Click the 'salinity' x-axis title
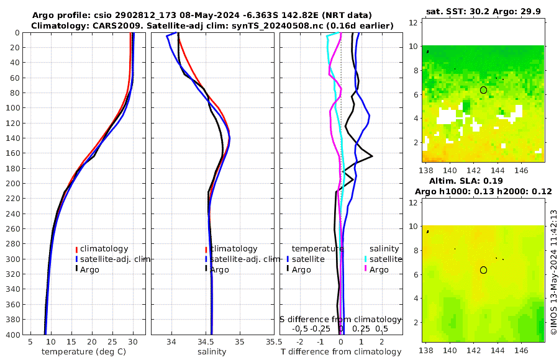click(x=211, y=352)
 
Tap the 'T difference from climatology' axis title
click(x=340, y=352)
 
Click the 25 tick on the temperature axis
click(x=112, y=341)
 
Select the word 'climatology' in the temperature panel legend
click(x=104, y=249)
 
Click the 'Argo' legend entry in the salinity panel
click(x=220, y=269)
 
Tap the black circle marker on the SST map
click(x=483, y=90)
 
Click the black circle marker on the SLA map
click(x=483, y=270)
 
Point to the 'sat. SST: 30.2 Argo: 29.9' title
click(x=484, y=11)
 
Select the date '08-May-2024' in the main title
click(x=173, y=15)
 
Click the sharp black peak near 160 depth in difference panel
click(x=371, y=156)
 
